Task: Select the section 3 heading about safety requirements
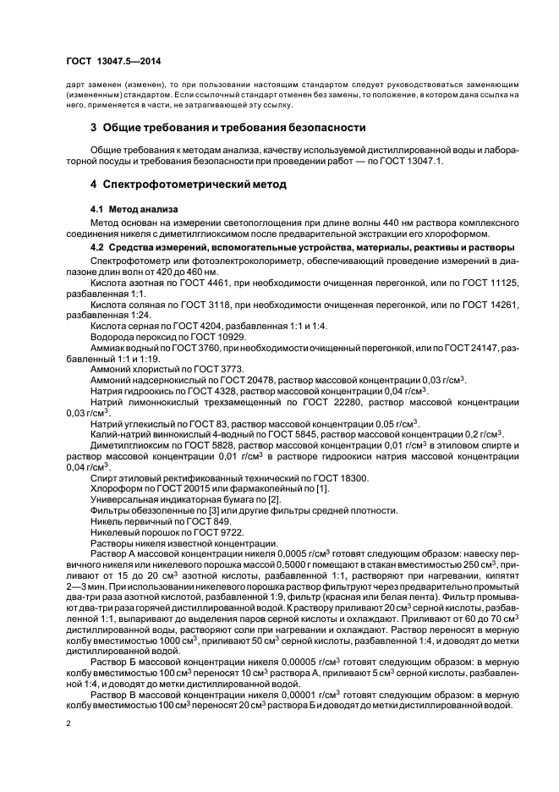(227, 128)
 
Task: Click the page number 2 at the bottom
(68, 723)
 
